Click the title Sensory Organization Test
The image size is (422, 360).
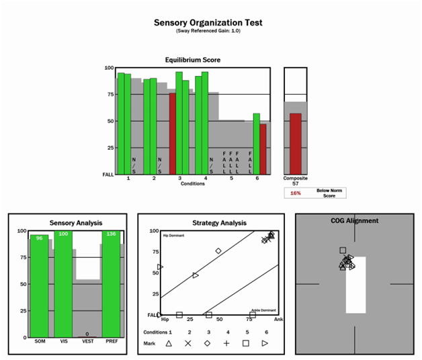click(208, 23)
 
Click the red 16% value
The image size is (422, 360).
click(295, 193)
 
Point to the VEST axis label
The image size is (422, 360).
click(87, 341)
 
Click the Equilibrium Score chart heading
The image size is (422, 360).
click(193, 60)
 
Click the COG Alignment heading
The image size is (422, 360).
click(354, 220)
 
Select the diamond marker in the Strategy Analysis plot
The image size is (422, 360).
click(218, 251)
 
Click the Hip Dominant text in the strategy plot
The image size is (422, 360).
click(173, 236)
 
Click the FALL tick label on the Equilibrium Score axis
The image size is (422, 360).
click(108, 174)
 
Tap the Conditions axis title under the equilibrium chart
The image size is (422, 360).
click(193, 183)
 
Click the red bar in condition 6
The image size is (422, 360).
click(263, 148)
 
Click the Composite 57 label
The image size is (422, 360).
click(295, 181)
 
